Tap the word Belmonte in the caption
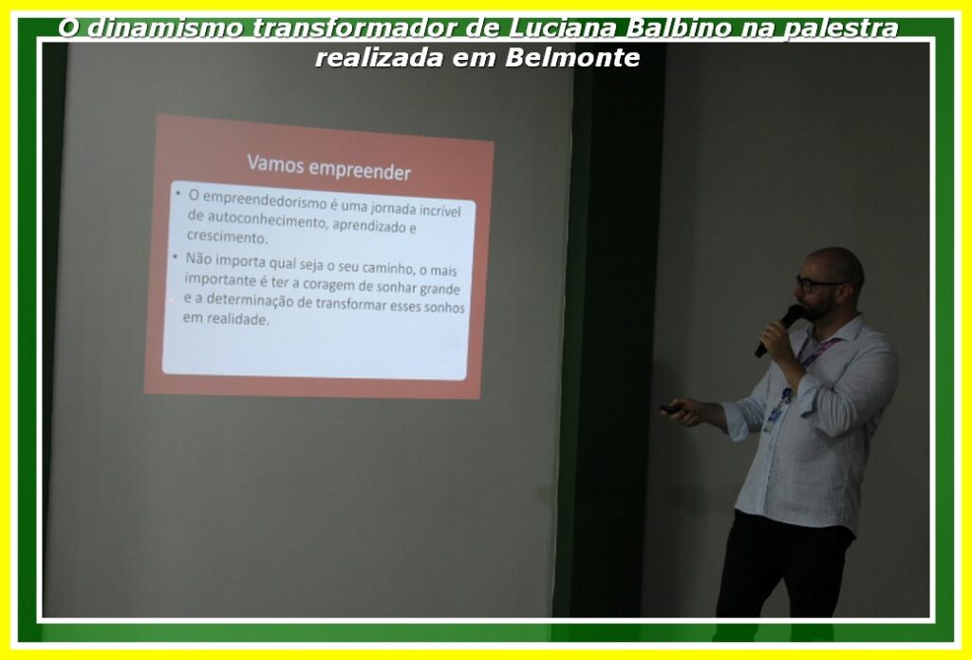(x=572, y=58)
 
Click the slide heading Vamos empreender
(x=328, y=167)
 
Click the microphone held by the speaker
(x=779, y=330)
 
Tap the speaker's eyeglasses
(x=814, y=284)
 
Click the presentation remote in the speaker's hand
(x=672, y=408)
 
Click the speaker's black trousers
(x=783, y=564)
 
